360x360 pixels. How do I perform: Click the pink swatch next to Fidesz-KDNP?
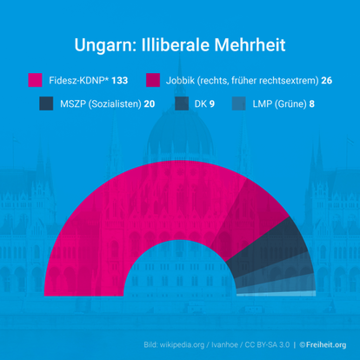35,80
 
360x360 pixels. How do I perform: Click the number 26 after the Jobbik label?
327,80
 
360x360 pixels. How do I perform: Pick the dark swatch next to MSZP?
48,103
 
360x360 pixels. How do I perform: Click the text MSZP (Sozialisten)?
102,103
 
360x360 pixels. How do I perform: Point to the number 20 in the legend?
150,103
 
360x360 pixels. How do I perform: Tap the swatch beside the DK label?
183,103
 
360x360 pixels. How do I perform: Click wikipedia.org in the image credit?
187,345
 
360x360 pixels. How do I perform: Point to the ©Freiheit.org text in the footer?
323,345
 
